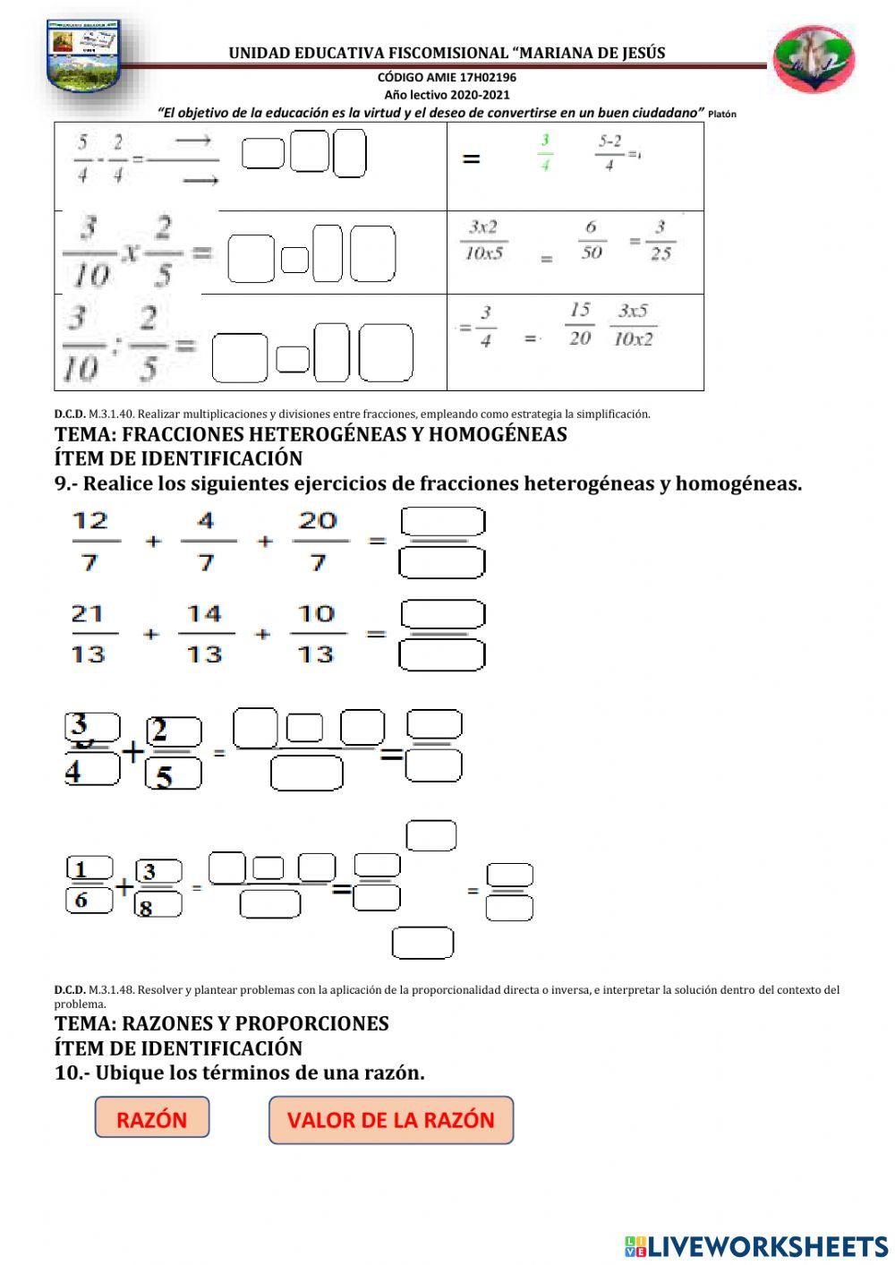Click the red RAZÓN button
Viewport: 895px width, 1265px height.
[151, 1119]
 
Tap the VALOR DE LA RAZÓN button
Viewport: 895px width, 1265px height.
[391, 1120]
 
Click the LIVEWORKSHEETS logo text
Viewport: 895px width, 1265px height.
[756, 1246]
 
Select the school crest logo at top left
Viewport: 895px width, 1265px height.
[83, 56]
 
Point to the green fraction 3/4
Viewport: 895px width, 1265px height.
[544, 152]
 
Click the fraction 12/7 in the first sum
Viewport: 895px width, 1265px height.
[90, 541]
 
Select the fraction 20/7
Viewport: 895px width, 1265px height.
[318, 541]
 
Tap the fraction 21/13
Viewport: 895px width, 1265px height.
[88, 634]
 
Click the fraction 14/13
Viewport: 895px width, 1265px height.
[204, 634]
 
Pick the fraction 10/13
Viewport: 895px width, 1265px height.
[316, 634]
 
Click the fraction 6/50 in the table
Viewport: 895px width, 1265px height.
[591, 240]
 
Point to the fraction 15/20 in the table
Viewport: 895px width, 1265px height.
[580, 324]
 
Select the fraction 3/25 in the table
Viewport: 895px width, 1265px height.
[661, 240]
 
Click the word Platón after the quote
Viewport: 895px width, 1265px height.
[721, 115]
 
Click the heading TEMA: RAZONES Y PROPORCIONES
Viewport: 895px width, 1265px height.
[222, 1023]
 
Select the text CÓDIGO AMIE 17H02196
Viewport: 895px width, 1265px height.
[447, 77]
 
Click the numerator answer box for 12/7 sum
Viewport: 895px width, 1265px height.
[443, 521]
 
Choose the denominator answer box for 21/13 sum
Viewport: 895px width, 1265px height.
[442, 655]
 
